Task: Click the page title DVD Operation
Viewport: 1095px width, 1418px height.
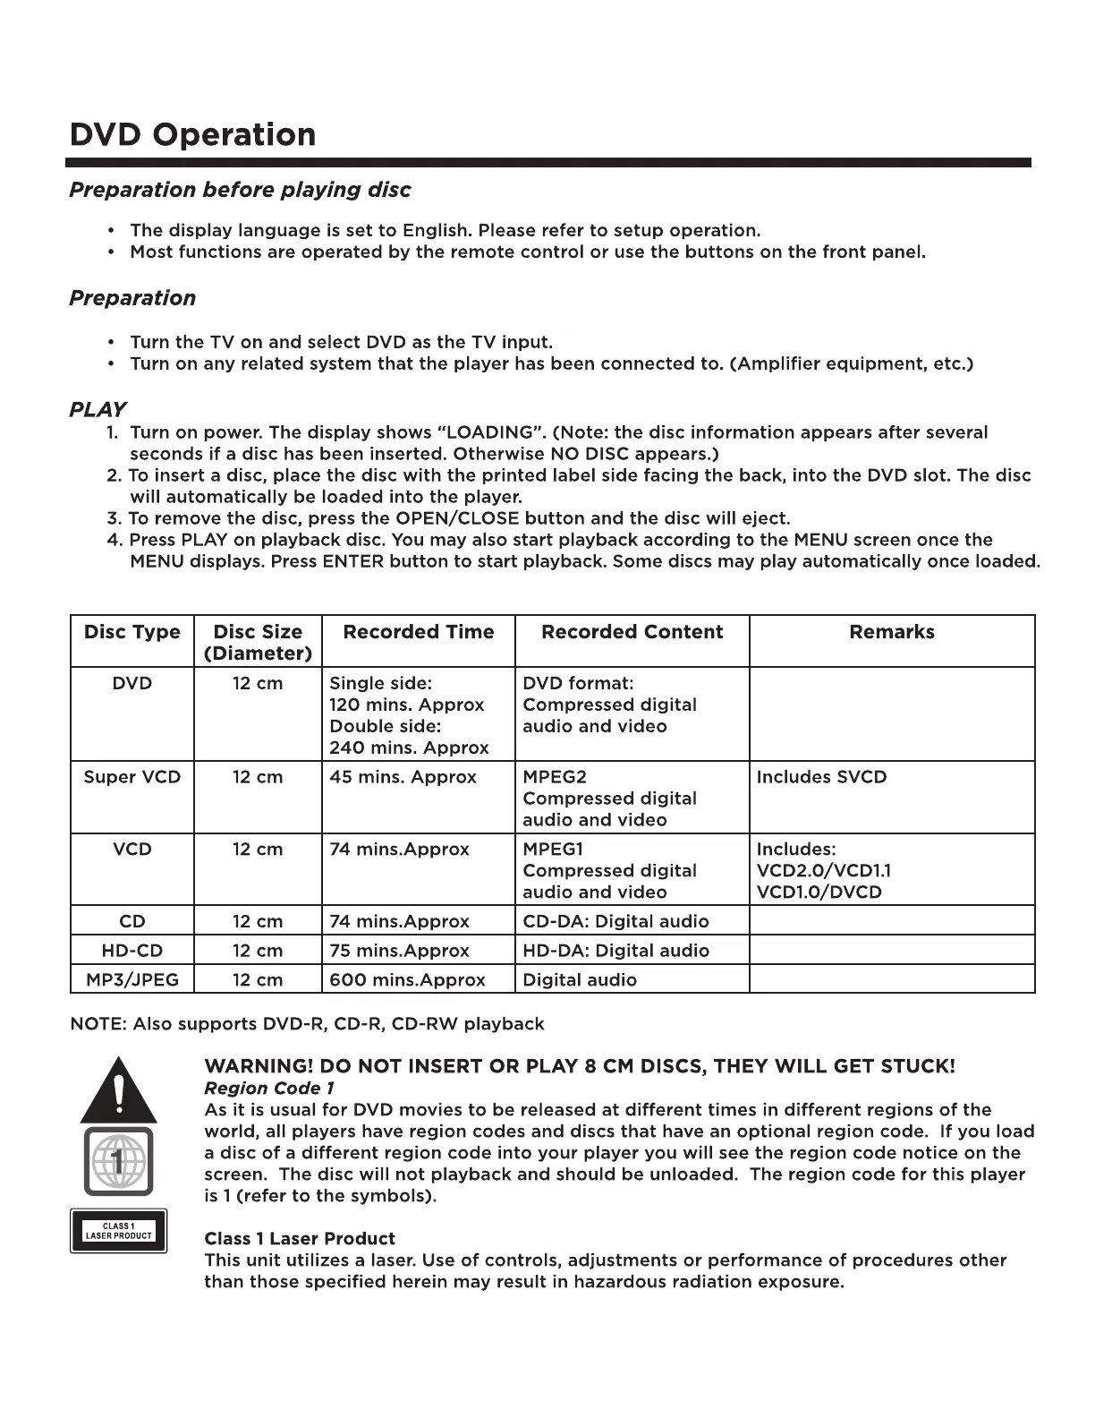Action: [192, 135]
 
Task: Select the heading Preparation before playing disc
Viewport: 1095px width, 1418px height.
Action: [240, 190]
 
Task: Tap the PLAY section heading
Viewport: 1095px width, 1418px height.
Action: [97, 410]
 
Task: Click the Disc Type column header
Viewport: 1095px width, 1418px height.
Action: [132, 632]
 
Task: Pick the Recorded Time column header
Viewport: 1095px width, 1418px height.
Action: [418, 632]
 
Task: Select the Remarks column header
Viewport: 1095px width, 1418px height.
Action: [891, 632]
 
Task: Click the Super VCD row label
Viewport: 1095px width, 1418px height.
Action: [132, 777]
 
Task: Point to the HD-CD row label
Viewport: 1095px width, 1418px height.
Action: [132, 951]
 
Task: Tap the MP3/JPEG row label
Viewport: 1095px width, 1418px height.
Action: [132, 980]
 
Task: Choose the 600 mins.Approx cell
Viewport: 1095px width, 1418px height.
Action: [407, 980]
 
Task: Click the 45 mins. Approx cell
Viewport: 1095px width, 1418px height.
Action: [403, 777]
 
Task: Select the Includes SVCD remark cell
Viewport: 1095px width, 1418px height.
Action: [821, 777]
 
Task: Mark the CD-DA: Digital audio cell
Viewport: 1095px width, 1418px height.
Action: [615, 922]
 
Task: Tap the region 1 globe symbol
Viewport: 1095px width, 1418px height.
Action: [118, 1162]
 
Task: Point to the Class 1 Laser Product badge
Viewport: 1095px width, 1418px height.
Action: [119, 1231]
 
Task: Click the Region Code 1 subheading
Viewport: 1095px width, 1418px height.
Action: [269, 1089]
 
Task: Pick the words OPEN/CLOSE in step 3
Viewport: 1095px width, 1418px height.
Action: [457, 519]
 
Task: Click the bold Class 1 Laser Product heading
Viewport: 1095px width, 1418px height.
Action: [300, 1239]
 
